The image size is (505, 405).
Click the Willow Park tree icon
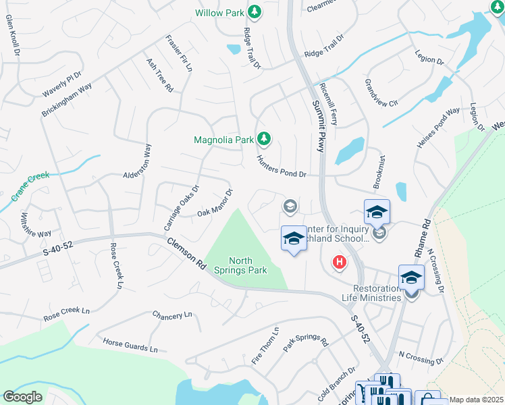tap(255, 12)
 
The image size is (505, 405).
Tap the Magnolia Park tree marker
tap(264, 140)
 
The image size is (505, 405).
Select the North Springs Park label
tap(248, 265)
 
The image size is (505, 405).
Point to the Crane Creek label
tap(30, 187)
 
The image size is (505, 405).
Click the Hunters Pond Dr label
tap(282, 166)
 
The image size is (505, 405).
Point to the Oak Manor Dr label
tap(215, 204)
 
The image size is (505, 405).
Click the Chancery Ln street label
tap(172, 315)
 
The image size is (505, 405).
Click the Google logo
tap(23, 396)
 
